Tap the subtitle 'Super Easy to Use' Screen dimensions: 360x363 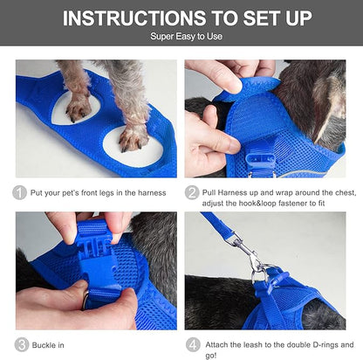point(181,38)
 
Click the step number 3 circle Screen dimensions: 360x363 point(20,344)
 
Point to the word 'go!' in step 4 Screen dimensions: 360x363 point(212,354)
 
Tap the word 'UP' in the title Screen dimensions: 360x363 point(313,18)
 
